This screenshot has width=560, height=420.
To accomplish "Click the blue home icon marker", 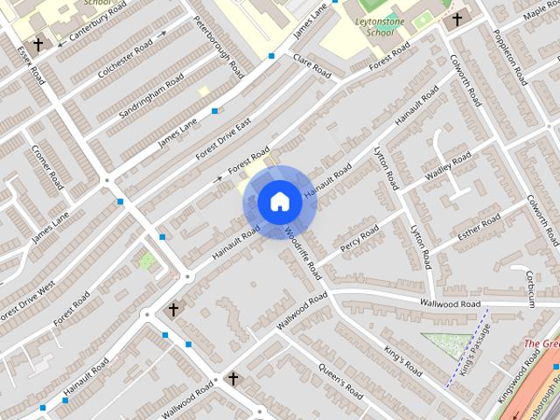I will click(279, 202).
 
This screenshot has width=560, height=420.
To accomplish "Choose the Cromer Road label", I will click(48, 167).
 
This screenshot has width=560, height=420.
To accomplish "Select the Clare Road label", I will click(311, 66).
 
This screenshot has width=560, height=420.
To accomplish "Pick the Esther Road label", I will click(479, 226).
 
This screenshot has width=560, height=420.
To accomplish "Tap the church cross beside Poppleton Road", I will click(457, 19).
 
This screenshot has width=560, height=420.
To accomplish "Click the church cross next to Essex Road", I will click(38, 44).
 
